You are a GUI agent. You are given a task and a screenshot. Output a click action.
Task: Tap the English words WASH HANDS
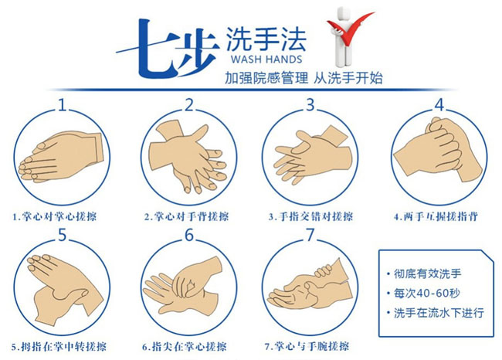point(266,59)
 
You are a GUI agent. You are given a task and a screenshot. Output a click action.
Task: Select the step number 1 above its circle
point(62,104)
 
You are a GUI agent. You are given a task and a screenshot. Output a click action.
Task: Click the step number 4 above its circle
point(440,104)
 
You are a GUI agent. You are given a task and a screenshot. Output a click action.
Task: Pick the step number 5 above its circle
point(62,235)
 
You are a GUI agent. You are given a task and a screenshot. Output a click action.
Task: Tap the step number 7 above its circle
point(310,235)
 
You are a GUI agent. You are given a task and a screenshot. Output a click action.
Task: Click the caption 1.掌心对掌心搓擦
point(54,216)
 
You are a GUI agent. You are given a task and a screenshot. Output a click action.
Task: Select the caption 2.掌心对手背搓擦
point(186,216)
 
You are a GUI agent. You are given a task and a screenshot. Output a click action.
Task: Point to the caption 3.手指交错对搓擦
point(310,216)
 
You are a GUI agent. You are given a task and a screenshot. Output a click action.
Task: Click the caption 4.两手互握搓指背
point(436,216)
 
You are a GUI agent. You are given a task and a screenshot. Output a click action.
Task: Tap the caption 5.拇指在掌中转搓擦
point(59,347)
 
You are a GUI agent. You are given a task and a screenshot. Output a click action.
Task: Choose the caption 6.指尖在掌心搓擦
point(185,347)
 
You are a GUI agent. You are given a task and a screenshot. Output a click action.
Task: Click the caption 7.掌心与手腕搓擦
point(307,346)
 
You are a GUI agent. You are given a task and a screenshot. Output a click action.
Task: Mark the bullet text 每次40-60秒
point(427,293)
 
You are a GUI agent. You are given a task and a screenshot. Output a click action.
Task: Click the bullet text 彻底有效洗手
point(428,273)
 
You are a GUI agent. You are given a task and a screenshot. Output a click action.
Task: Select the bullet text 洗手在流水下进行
point(439,313)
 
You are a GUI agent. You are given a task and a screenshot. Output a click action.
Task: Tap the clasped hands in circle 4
point(439,148)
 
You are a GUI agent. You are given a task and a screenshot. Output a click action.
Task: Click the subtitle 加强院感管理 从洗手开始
point(304,78)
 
